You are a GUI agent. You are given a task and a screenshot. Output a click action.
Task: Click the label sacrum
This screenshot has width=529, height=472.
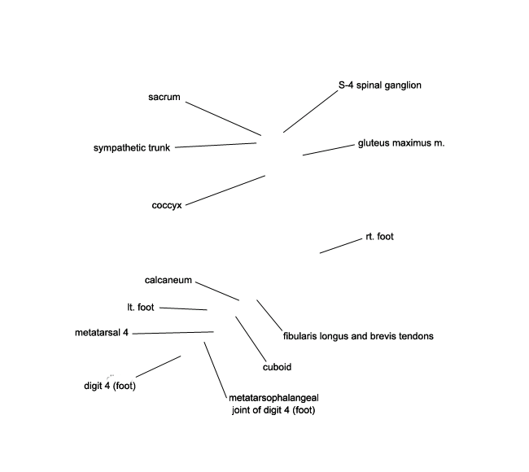[164, 97]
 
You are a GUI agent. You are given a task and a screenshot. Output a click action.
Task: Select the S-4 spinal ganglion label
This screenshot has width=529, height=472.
[380, 85]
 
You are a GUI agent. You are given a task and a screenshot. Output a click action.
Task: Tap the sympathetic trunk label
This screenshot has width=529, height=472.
[132, 148]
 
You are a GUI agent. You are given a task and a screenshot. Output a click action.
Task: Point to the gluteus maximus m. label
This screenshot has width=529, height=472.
[401, 143]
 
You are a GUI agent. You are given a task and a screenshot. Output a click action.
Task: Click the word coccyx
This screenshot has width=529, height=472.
[167, 205]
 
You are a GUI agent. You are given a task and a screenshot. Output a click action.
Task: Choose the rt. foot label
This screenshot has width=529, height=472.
[379, 237]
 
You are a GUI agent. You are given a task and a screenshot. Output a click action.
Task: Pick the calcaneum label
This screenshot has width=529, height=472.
[168, 281]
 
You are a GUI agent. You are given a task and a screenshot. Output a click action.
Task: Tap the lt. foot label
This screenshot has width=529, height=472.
[141, 308]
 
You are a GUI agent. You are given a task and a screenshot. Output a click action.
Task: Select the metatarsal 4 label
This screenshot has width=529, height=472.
[102, 333]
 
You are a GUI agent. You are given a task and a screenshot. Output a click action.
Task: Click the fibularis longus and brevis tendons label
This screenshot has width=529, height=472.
[358, 336]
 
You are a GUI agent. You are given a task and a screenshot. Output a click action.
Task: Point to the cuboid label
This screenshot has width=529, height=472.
[277, 367]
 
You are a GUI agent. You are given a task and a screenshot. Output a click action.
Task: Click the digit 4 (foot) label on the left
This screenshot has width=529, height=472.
[110, 386]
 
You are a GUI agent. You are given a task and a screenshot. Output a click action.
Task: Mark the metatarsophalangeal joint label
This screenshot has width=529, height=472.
[273, 404]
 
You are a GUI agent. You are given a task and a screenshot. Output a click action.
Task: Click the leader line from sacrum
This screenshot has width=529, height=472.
[223, 119]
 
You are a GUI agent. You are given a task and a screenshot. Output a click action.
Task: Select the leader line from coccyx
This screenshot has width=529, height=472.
[225, 190]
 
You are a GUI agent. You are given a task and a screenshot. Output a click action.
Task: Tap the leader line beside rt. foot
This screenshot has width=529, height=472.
[341, 246]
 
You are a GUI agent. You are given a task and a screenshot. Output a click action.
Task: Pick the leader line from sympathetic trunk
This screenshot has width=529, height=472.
[216, 145]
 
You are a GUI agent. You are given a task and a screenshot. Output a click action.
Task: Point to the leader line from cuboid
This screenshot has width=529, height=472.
[251, 339]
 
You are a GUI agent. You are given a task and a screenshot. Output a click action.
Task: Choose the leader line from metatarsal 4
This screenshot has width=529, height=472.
[173, 333]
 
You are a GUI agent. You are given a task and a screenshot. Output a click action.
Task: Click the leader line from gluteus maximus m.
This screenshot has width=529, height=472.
[329, 150]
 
